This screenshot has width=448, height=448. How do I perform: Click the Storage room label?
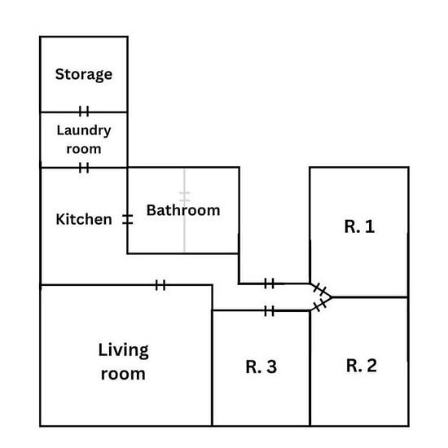point(84,75)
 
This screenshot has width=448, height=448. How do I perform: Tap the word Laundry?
point(84,130)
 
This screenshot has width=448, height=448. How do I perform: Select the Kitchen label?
point(84,219)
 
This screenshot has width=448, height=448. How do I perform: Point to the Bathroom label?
point(183,210)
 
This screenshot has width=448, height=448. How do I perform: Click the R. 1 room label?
point(359,226)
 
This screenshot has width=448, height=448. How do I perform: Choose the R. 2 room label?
point(362,366)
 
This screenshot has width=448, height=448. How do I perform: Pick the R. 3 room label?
point(261,367)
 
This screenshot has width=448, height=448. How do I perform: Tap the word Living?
point(124,350)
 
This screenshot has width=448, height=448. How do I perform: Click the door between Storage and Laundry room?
point(84,111)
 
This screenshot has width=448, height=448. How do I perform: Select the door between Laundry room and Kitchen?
point(84,168)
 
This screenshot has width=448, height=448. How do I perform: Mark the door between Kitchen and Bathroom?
point(127,219)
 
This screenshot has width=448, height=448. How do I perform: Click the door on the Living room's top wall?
point(160,285)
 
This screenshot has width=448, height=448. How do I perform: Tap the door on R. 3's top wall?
point(269,311)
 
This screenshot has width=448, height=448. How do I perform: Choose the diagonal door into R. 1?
point(320,290)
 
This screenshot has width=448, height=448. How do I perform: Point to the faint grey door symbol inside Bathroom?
point(185,196)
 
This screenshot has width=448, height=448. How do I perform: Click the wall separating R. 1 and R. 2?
point(370,297)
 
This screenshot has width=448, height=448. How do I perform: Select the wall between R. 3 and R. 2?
point(310,368)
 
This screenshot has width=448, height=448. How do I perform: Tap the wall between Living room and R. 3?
point(213,355)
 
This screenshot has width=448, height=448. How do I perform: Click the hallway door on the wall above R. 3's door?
point(269,283)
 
